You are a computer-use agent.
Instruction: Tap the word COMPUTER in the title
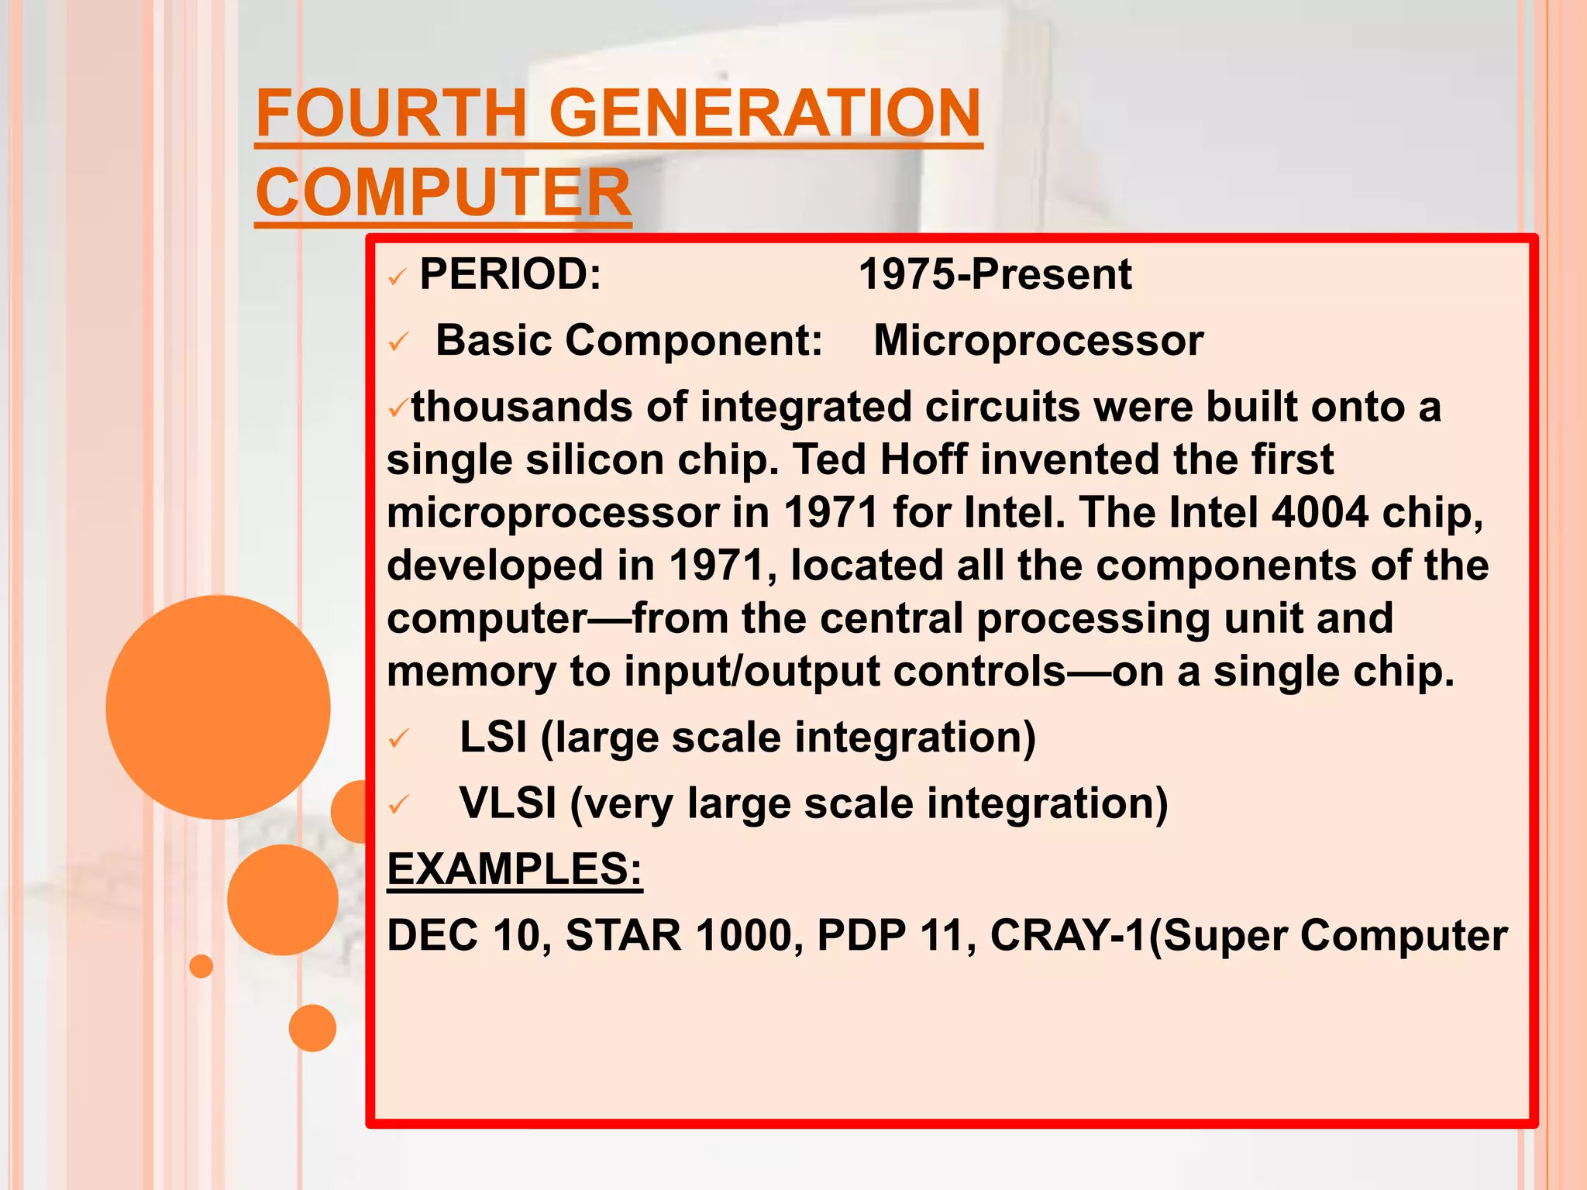[442, 193]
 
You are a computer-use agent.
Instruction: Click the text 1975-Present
[994, 274]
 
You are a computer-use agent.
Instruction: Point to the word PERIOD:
[510, 274]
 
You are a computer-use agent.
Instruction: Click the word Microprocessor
[1038, 340]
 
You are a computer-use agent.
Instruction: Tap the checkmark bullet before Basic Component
[398, 342]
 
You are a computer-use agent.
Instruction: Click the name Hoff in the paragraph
[923, 459]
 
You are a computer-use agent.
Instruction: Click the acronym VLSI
[508, 803]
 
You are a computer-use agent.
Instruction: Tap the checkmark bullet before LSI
[398, 739]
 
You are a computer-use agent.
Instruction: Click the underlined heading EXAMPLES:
[515, 868]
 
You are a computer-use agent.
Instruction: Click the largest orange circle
[218, 707]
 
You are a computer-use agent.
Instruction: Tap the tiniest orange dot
[201, 966]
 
